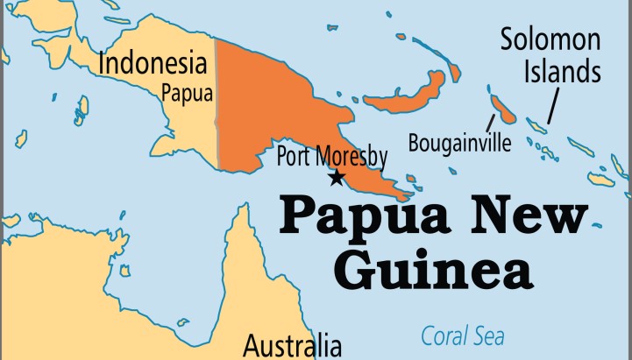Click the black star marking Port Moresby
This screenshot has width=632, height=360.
(x=336, y=178)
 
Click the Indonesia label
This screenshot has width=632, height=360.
(x=153, y=64)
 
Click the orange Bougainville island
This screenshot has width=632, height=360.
(x=503, y=109)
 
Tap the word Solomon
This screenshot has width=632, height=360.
(x=550, y=39)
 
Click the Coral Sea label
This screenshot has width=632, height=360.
(x=463, y=335)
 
